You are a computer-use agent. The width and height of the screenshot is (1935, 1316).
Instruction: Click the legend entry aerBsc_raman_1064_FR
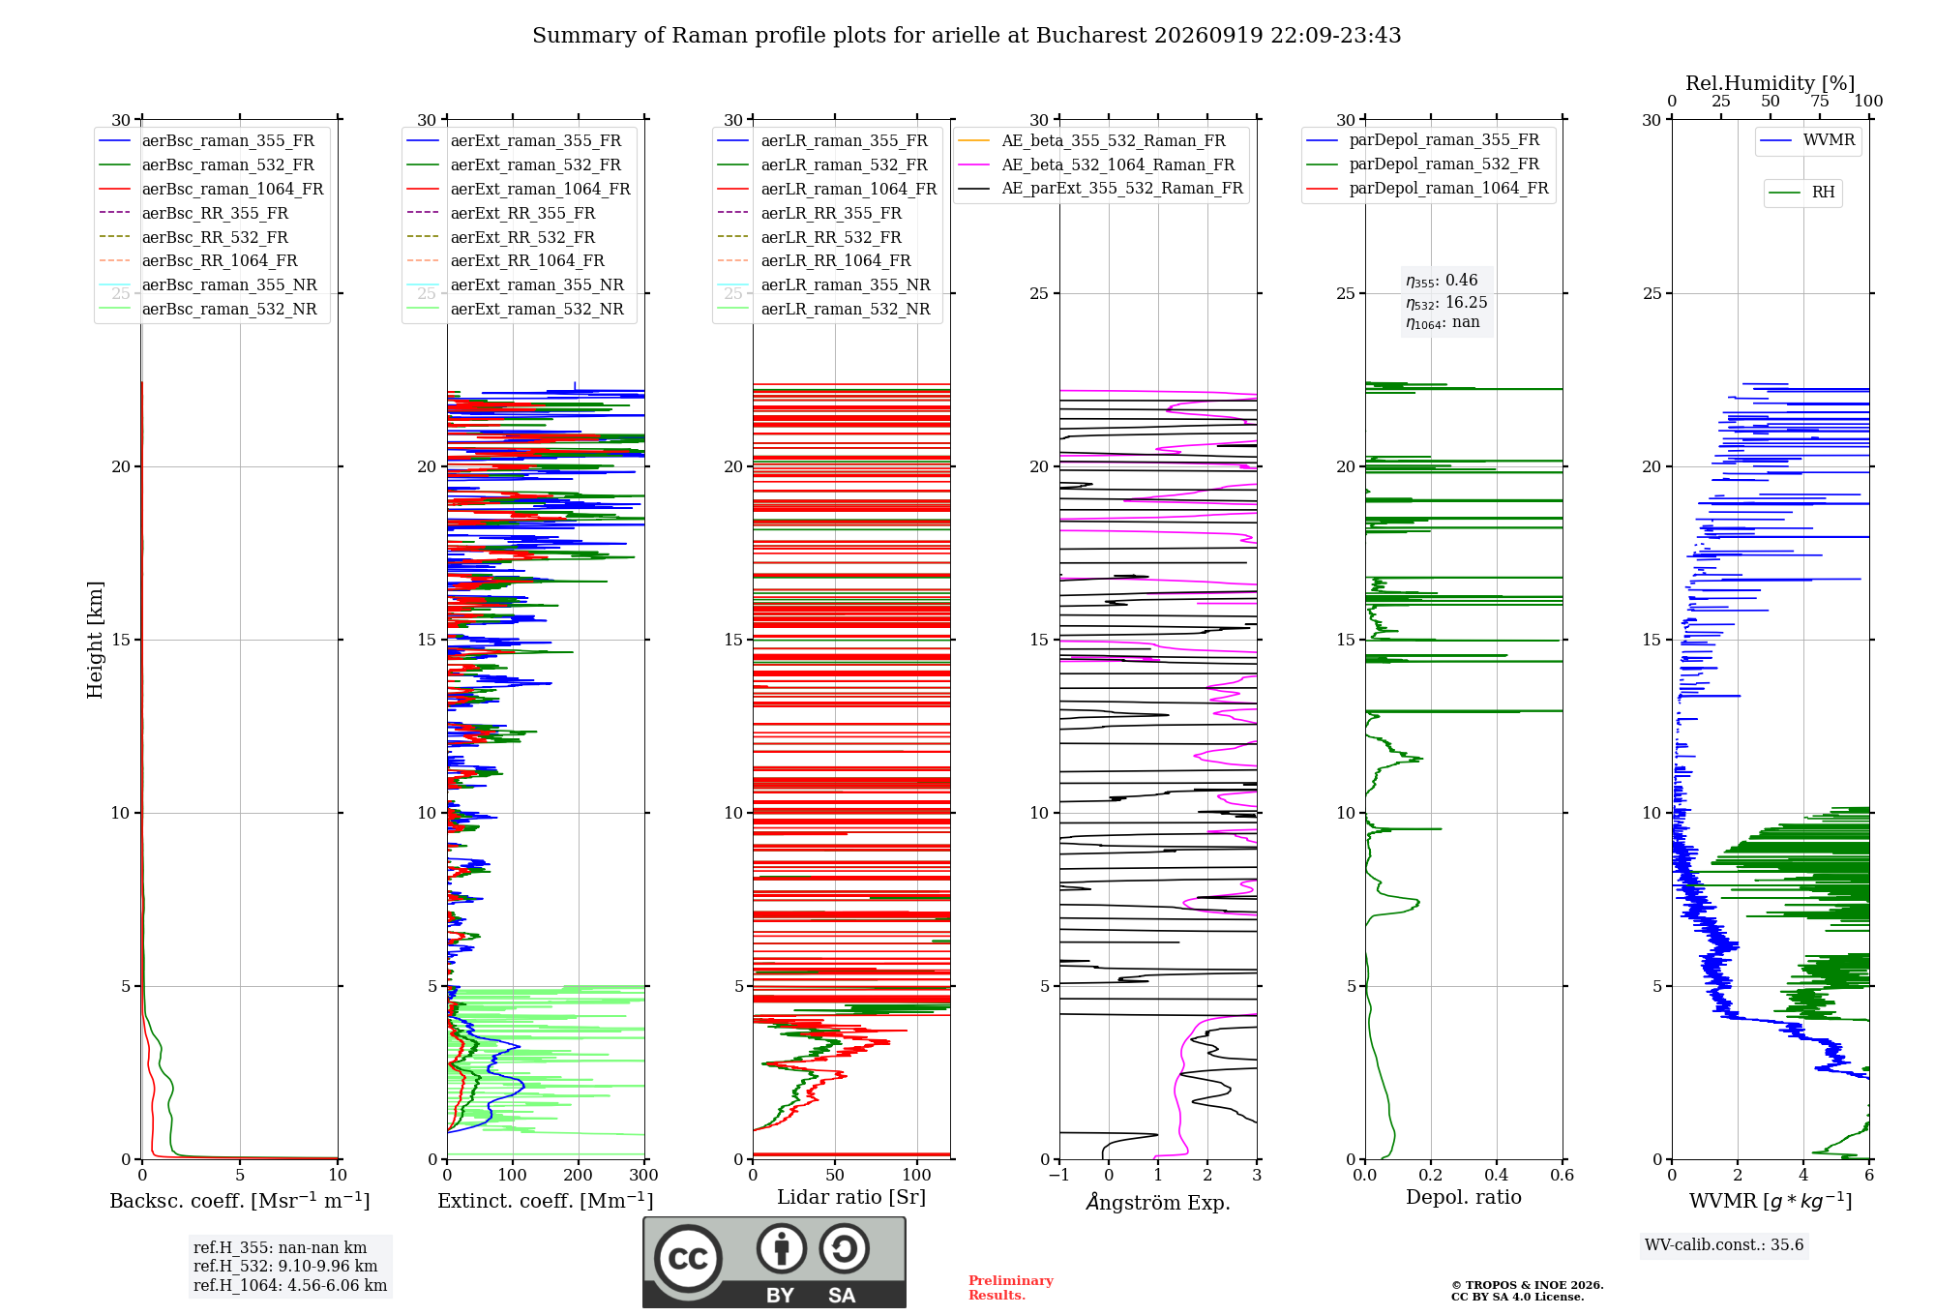pos(211,189)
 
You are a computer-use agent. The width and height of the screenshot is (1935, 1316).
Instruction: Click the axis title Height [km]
pos(95,640)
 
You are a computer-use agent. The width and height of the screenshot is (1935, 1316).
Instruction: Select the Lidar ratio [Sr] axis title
pos(851,1197)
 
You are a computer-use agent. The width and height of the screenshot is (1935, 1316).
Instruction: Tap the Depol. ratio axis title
pos(1464,1197)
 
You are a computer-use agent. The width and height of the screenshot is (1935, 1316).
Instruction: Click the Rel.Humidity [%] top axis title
pos(1771,83)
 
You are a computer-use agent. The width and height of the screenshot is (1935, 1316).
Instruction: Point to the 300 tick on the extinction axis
pos(644,1175)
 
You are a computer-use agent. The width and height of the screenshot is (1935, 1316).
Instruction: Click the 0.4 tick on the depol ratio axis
pos(1497,1175)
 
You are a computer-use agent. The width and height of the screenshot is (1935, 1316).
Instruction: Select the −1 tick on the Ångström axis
pos(1059,1175)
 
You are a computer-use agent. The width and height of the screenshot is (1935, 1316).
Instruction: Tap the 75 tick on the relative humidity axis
pos(1820,101)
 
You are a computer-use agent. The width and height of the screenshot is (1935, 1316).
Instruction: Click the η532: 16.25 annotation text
pos(1446,302)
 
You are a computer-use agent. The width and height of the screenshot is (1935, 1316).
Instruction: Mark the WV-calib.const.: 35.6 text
pos(1724,1244)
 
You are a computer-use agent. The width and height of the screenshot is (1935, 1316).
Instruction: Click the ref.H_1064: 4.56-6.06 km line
pos(290,1285)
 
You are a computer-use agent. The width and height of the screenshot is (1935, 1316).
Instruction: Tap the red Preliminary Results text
pos(1011,1288)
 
